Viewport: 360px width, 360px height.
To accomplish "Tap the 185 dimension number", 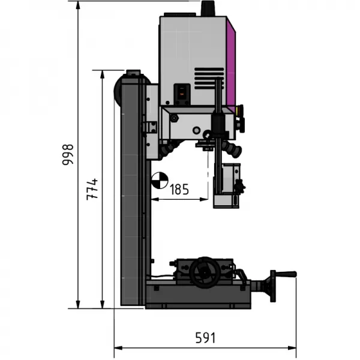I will point(179,190).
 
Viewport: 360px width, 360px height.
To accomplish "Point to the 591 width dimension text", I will point(205,338).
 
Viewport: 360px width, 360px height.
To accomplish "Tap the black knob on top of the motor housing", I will point(208,8).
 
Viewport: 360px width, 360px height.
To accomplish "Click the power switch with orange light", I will point(181,91).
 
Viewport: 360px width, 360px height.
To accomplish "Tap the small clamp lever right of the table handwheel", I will point(242,275).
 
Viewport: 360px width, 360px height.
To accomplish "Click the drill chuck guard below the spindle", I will point(228,186).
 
